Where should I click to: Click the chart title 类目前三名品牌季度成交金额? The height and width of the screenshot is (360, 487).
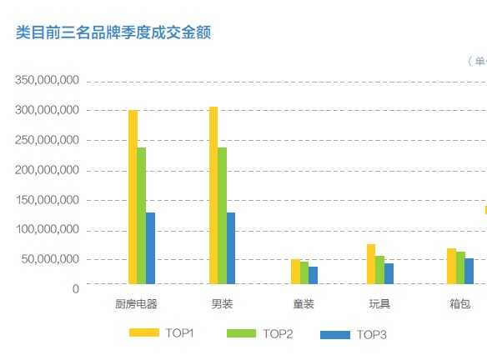coord(113,32)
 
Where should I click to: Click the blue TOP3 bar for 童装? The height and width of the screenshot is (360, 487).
coord(313,275)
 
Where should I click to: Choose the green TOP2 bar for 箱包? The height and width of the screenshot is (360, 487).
coord(460,267)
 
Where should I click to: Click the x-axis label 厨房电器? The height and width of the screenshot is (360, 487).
coord(136,304)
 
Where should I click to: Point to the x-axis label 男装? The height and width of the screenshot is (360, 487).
coord(222,304)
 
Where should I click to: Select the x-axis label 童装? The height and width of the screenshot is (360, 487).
coord(304,304)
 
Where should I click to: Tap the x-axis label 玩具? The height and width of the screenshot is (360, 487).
coord(379,304)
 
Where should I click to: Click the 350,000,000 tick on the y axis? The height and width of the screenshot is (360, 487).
coord(47,81)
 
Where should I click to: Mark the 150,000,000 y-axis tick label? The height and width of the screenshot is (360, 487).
coord(47,200)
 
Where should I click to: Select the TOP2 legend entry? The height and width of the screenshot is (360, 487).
coord(259,333)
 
